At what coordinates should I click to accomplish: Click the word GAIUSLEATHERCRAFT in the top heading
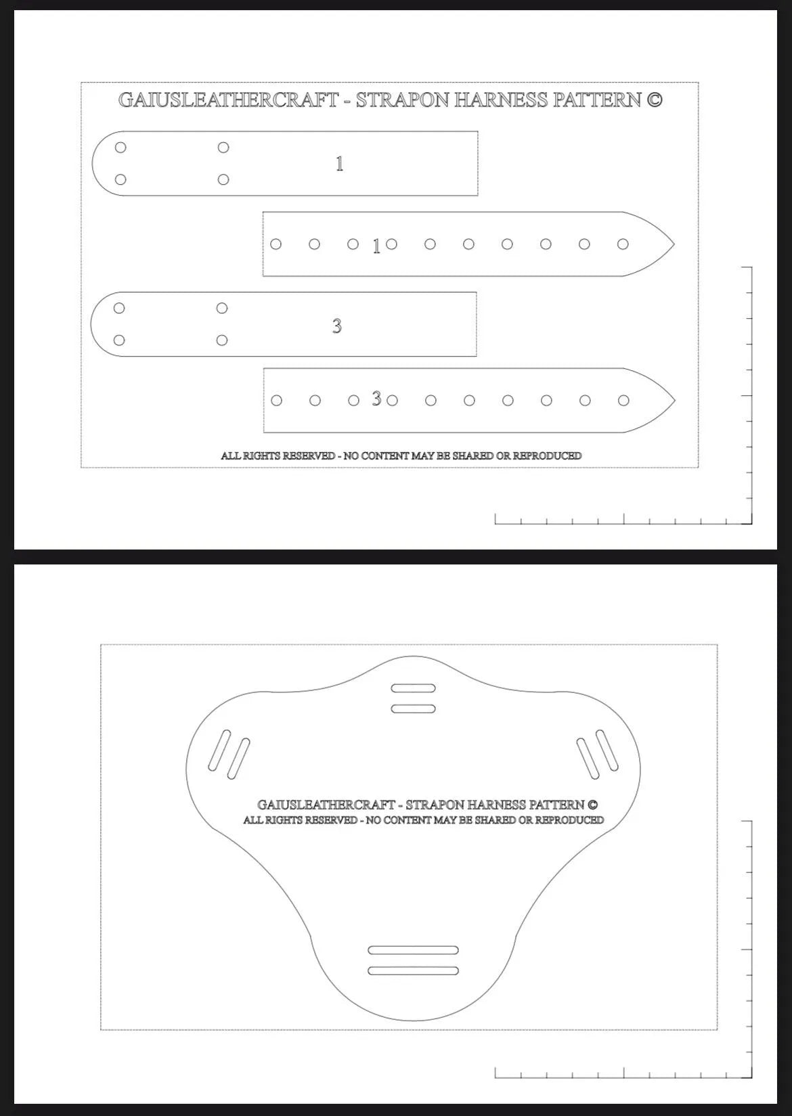228,100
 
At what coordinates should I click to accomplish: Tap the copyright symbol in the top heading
654,100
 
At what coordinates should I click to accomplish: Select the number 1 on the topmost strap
340,164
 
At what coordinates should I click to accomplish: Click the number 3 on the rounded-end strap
336,326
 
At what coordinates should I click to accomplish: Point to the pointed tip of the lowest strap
674,401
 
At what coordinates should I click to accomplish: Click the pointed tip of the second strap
673,244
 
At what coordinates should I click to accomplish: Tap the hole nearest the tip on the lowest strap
623,401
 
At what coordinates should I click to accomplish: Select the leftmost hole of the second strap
276,244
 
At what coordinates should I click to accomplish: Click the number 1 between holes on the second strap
376,247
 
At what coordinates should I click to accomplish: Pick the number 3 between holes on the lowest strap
376,399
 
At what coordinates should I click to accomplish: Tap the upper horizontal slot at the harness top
414,688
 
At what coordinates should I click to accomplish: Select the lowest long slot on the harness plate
413,971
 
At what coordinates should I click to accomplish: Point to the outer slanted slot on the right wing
607,750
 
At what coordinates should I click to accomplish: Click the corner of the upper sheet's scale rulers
751,522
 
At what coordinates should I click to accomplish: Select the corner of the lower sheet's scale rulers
751,1077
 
